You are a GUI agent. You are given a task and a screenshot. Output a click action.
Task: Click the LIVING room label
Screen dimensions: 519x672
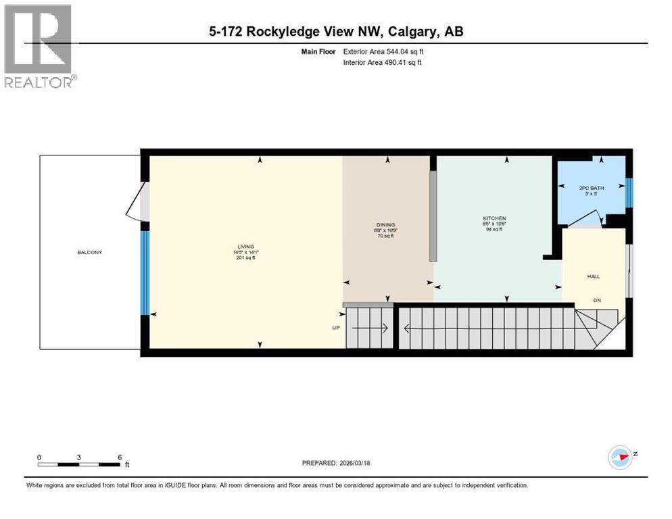pos(243,246)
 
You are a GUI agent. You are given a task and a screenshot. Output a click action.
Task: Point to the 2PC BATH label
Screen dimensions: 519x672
pos(592,188)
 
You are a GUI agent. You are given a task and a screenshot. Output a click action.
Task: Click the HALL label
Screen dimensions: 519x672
pos(593,276)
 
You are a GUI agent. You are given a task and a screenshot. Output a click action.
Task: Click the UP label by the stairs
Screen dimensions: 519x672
pos(335,328)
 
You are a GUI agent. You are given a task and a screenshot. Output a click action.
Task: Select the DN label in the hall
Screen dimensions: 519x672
pos(597,301)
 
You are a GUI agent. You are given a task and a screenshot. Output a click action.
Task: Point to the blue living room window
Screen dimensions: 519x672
pos(144,273)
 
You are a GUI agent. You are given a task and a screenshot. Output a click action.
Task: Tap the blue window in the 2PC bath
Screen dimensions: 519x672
pos(629,193)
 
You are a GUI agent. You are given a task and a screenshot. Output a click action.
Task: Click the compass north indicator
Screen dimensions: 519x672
pos(621,457)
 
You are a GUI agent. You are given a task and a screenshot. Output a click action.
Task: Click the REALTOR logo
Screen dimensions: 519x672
pos(38,46)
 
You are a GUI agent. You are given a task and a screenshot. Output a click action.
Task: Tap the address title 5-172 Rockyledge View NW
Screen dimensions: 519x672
pos(336,31)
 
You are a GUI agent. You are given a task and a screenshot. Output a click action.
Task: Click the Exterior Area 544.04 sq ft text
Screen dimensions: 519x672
pos(384,51)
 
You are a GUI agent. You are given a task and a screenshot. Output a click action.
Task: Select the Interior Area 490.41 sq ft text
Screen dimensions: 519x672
pos(384,63)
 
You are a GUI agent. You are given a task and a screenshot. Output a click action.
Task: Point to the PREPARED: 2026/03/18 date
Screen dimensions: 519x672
pos(336,463)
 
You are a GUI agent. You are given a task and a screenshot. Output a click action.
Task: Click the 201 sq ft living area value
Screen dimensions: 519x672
pos(245,257)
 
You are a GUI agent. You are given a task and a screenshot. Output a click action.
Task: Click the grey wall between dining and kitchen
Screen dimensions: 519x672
pos(433,215)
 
